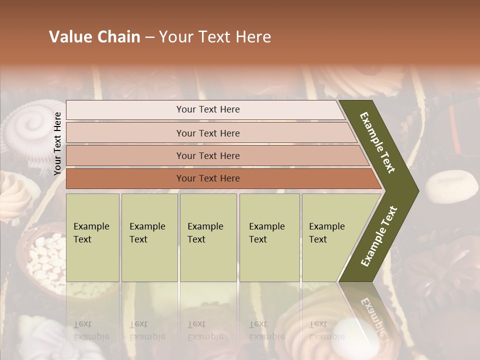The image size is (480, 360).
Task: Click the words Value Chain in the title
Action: pyautogui.click(x=94, y=37)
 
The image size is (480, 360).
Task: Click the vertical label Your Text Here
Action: pyautogui.click(x=57, y=143)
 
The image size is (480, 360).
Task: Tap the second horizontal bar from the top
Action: pyautogui.click(x=208, y=133)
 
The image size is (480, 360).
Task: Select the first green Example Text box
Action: pyautogui.click(x=92, y=237)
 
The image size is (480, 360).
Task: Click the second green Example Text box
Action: pyautogui.click(x=149, y=237)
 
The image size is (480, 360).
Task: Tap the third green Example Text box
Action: pyautogui.click(x=207, y=237)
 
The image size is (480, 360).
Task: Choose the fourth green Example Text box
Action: pyautogui.click(x=269, y=237)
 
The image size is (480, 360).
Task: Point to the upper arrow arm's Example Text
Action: pyautogui.click(x=377, y=142)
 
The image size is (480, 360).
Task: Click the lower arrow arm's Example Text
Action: pyautogui.click(x=379, y=236)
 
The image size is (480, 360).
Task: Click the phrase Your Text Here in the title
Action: pyautogui.click(x=215, y=37)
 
